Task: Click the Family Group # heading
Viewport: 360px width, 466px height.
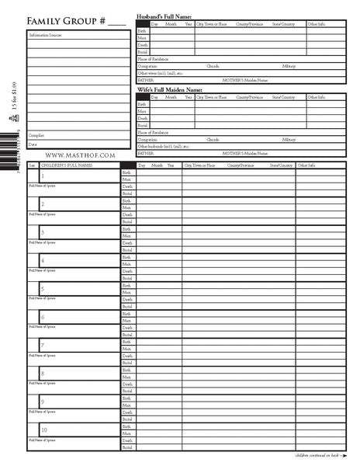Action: click(x=75, y=20)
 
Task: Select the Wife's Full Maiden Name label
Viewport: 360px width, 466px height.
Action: click(x=170, y=90)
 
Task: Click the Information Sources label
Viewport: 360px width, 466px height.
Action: click(x=46, y=36)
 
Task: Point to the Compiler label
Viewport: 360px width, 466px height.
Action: click(x=36, y=135)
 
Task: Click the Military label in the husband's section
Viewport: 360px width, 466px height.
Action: click(x=289, y=66)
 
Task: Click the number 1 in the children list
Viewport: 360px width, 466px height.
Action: click(x=42, y=176)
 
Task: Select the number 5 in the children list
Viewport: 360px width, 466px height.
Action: click(x=42, y=289)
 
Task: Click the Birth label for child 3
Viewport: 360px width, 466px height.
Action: click(x=126, y=229)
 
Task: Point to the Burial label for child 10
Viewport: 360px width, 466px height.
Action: click(x=127, y=448)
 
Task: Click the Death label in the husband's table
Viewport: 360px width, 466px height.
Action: click(x=142, y=45)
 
